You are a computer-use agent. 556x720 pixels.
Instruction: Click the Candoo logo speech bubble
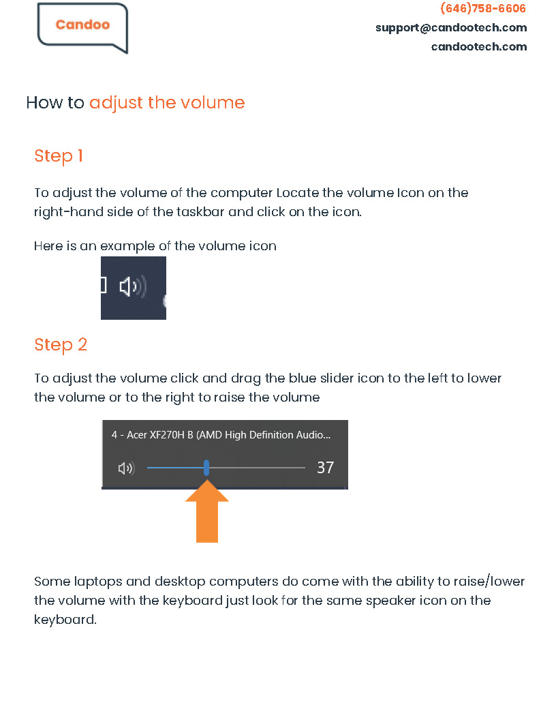click(82, 27)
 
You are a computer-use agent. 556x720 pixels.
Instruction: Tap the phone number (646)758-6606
click(483, 9)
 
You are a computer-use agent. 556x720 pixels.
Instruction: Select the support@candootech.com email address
click(451, 28)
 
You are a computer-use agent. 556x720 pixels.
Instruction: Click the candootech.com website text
click(479, 47)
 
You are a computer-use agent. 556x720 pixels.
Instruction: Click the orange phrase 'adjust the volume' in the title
click(167, 103)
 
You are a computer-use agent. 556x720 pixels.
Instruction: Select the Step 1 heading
click(59, 156)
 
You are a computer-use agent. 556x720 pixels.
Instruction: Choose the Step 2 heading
click(61, 344)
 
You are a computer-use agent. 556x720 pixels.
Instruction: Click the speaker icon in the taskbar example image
click(132, 286)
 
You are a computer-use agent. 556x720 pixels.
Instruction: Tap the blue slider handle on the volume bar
click(206, 468)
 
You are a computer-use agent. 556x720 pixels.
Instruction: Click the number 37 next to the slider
click(325, 468)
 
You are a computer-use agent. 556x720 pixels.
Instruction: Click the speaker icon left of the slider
click(126, 468)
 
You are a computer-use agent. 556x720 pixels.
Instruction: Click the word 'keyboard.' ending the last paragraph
click(65, 620)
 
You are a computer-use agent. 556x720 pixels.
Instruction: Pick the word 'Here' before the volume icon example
click(48, 246)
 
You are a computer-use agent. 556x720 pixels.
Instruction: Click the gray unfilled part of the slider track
click(259, 468)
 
